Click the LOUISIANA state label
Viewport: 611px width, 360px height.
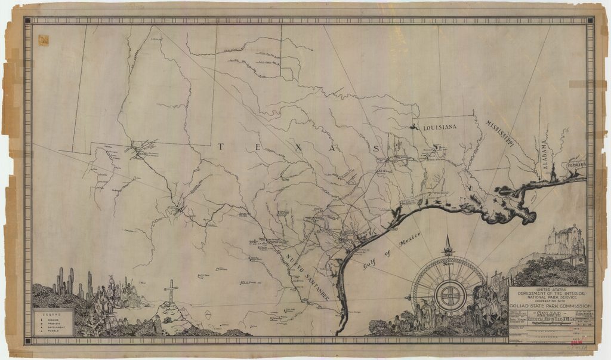(440, 128)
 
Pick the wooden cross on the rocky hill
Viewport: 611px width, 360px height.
(171, 291)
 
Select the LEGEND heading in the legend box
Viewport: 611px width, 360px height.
(53, 313)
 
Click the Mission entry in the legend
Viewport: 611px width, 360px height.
(53, 319)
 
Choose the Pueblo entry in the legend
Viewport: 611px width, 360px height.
(53, 330)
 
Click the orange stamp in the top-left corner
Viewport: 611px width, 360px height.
(44, 40)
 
